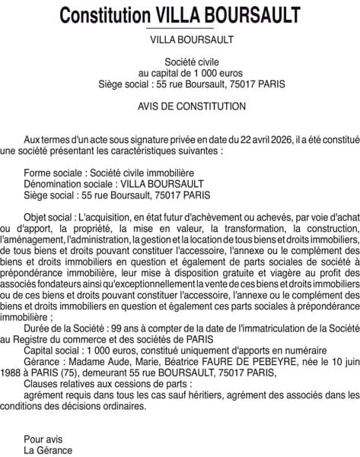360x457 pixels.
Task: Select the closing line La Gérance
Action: pos(49,449)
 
